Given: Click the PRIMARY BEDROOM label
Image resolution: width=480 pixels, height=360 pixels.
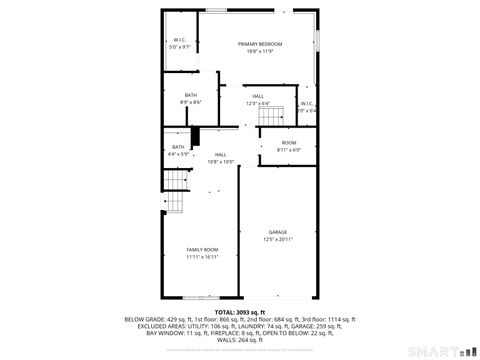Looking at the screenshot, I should click(x=259, y=44).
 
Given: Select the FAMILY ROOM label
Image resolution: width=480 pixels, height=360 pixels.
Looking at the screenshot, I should click(x=202, y=249).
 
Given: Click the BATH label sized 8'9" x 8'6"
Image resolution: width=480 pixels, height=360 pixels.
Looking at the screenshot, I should click(x=191, y=95).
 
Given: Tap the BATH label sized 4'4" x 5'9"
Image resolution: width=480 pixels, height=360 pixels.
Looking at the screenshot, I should click(x=178, y=147).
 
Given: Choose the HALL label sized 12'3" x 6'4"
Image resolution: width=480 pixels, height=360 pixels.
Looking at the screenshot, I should click(x=257, y=96).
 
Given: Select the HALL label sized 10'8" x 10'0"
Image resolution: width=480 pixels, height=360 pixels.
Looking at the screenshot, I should click(x=220, y=155).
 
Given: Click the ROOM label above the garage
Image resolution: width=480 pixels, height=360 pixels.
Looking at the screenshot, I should click(x=288, y=143).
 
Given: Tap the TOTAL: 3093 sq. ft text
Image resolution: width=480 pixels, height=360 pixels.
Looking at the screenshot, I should click(x=240, y=313).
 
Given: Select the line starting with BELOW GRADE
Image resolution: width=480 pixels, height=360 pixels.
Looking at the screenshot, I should click(x=240, y=319).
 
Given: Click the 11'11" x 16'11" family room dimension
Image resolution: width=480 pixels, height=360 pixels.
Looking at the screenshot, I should click(x=202, y=256).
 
